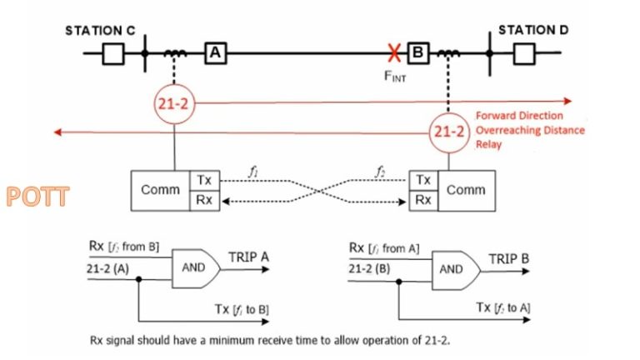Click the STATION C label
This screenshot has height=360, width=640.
point(100,31)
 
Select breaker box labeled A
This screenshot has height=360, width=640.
point(215,53)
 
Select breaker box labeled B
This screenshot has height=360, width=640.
point(417,53)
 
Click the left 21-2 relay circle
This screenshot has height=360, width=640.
point(174,104)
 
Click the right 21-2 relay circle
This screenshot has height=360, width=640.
point(450,131)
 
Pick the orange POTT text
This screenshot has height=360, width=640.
point(37,197)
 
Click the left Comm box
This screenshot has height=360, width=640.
point(161,190)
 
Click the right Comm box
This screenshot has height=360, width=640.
point(467,190)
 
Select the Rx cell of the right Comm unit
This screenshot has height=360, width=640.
point(423,200)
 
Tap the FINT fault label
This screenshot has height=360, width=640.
point(395,77)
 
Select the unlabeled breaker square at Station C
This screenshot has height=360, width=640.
point(112,53)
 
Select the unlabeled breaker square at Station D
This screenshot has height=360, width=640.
point(523,53)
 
